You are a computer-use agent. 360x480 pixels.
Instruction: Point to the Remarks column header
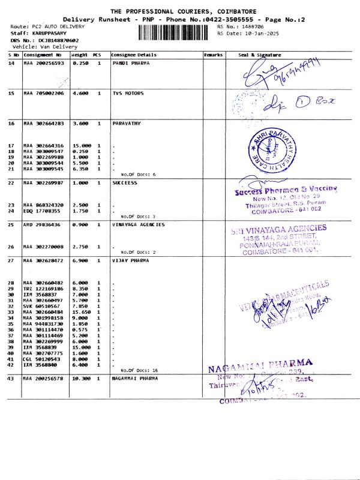[x=213, y=55]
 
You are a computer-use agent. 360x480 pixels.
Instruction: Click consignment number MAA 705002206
[x=43, y=93]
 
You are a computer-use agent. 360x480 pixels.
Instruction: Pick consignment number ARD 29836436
[x=42, y=224]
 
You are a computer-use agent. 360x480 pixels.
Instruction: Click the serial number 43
[x=11, y=379]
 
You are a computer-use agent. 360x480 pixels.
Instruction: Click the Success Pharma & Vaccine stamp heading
[x=286, y=190]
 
